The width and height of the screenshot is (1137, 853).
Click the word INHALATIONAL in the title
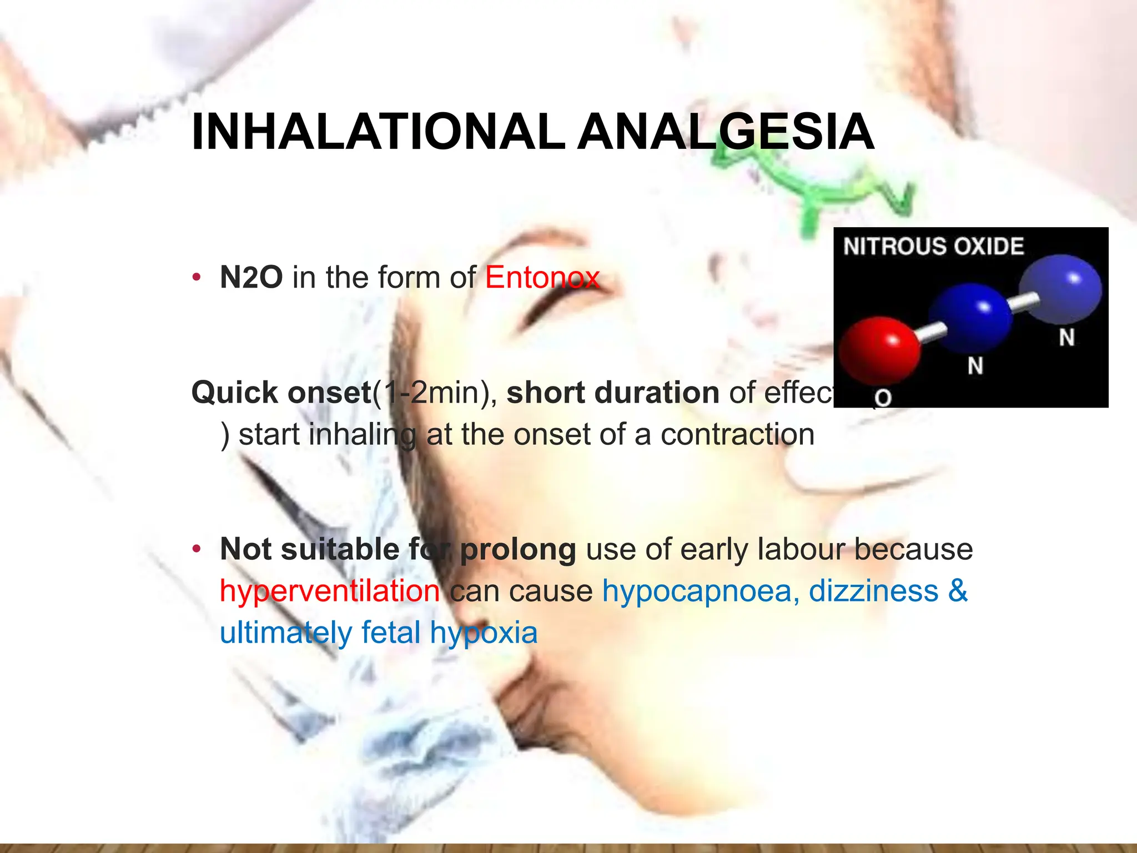[378, 132]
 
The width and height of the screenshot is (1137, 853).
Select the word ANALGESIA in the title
[726, 132]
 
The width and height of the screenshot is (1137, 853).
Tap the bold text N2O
[251, 277]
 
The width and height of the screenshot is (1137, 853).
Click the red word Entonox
[542, 277]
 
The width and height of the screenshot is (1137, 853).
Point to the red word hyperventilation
[330, 590]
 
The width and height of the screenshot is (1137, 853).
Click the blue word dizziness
[873, 590]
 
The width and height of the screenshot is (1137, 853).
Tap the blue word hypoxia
[484, 633]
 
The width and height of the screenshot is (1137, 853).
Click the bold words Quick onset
[281, 393]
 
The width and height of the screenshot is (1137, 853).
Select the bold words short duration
[613, 393]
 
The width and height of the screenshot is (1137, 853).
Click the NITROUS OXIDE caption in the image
[933, 246]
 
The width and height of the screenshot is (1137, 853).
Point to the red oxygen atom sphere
[879, 350]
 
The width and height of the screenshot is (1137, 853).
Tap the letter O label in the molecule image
[883, 398]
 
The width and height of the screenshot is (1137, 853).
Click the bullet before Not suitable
[195, 549]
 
